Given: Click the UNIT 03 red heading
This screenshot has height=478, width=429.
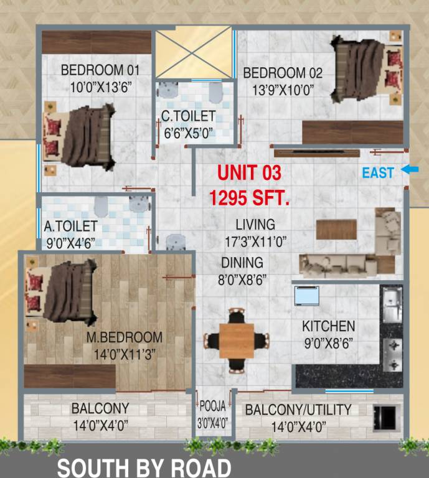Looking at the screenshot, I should click(249, 172).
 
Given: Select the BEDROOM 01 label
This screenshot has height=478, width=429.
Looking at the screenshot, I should click(100, 70).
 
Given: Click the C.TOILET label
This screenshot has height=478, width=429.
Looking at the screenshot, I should click(188, 116).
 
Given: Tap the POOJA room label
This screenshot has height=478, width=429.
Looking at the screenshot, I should click(213, 407).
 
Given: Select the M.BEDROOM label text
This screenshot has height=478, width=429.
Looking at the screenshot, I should click(124, 338).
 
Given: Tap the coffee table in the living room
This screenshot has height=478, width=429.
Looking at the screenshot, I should click(336, 230).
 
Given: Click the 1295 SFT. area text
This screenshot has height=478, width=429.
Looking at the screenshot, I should click(249, 199).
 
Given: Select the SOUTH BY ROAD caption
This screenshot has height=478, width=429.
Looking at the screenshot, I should click(144, 467).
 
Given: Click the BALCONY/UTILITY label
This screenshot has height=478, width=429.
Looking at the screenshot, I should click(298, 410).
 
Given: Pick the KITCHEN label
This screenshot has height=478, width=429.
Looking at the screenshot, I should click(328, 326).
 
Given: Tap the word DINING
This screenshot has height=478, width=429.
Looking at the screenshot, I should click(242, 263).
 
